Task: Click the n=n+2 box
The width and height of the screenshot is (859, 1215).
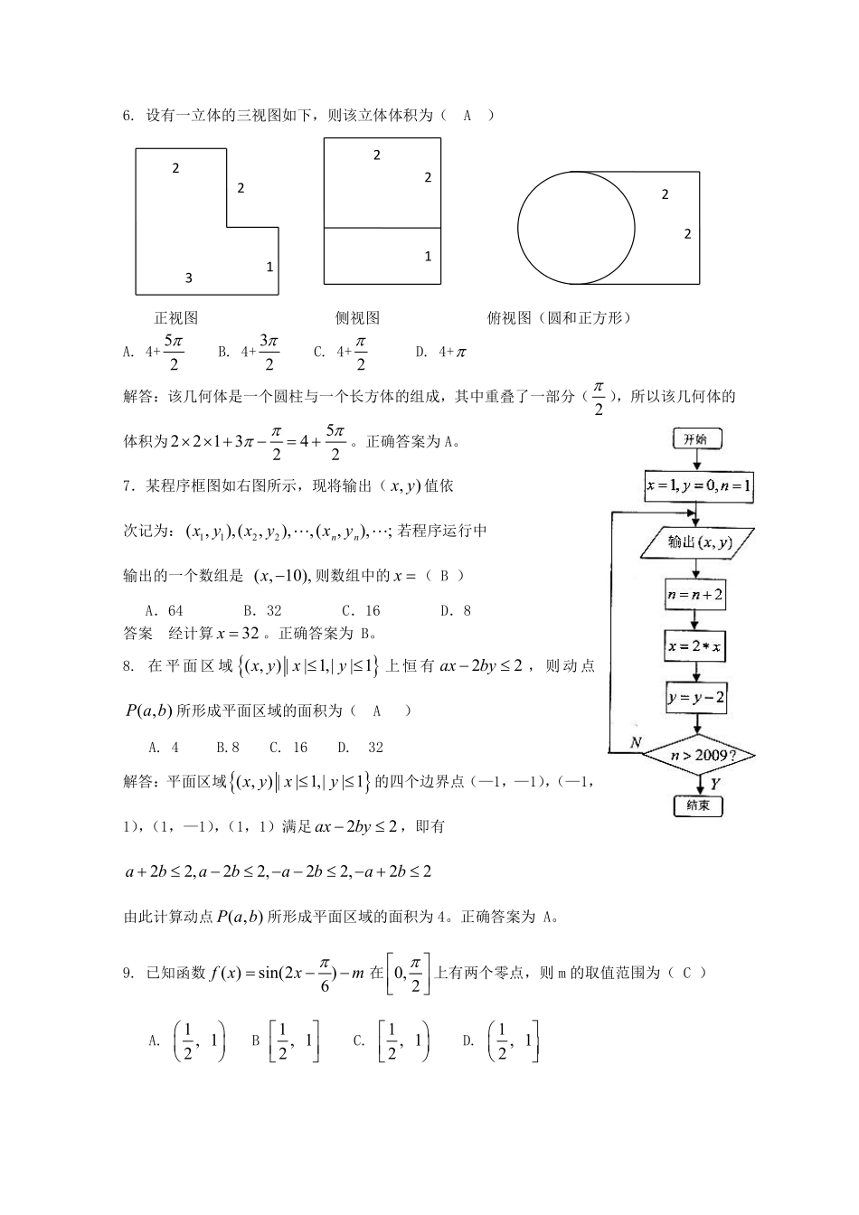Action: coord(695,595)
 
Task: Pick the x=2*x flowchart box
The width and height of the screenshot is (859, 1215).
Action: coord(695,646)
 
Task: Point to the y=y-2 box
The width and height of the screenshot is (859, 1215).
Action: coord(696,698)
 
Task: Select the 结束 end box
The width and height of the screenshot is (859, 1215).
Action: coord(697,805)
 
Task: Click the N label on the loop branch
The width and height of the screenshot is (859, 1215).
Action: coord(637,741)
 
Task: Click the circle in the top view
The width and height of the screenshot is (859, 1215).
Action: coord(576,226)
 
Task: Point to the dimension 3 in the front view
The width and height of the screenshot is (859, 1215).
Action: coord(189,278)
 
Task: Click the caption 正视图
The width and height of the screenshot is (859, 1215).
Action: coord(176,318)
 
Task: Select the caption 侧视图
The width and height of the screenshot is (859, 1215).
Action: coord(357,318)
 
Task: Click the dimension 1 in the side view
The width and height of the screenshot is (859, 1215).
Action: coord(428,257)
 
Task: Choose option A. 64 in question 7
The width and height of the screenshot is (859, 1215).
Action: coord(164,611)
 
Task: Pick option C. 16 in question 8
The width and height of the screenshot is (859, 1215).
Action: coord(288,748)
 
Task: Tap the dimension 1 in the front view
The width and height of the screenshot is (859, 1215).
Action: coord(269,267)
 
